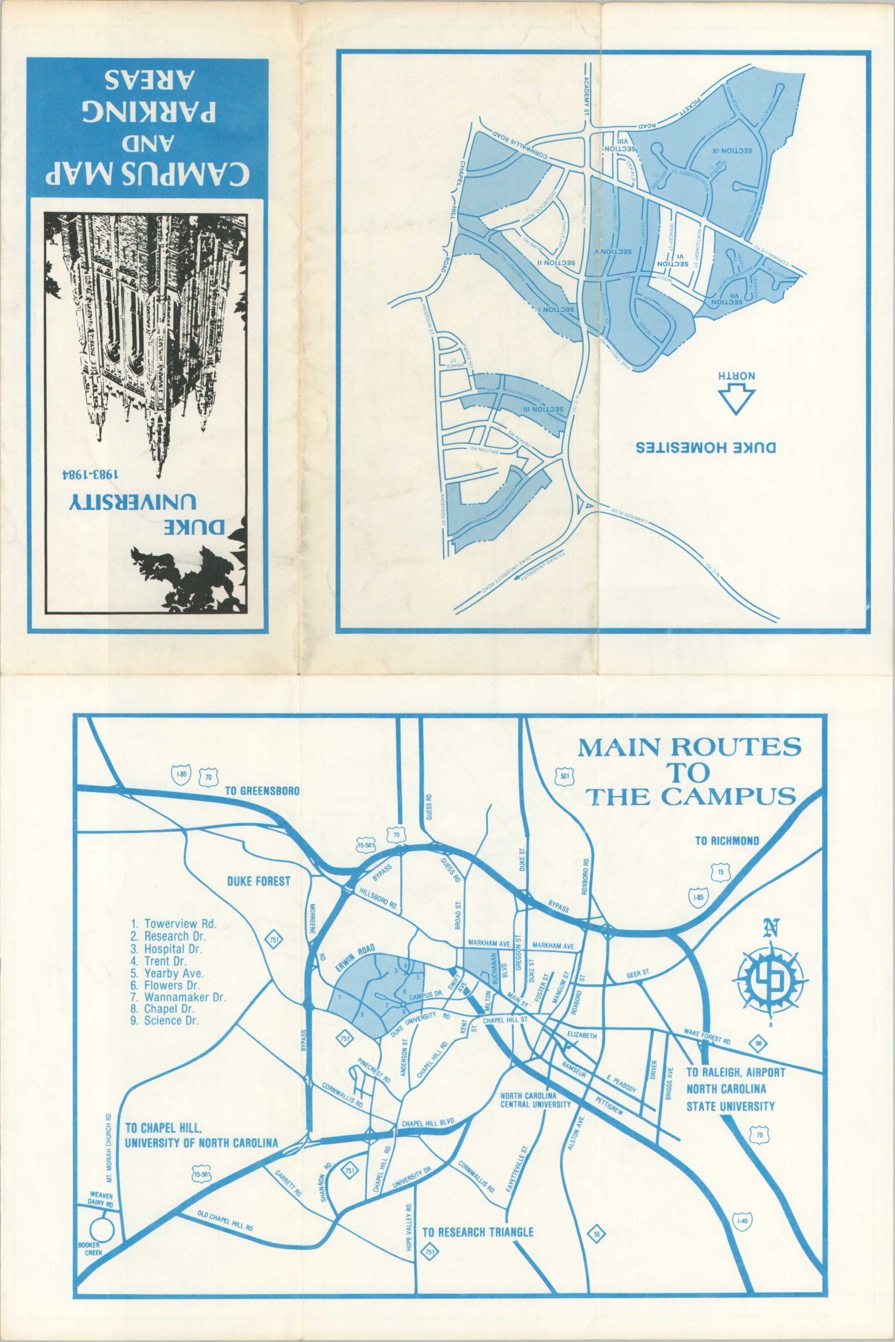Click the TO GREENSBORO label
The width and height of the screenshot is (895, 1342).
pos(262,791)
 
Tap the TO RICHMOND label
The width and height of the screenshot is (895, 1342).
pos(727,840)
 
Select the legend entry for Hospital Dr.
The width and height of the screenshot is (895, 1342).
pos(168,949)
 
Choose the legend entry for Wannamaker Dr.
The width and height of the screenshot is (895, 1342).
pos(178,998)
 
